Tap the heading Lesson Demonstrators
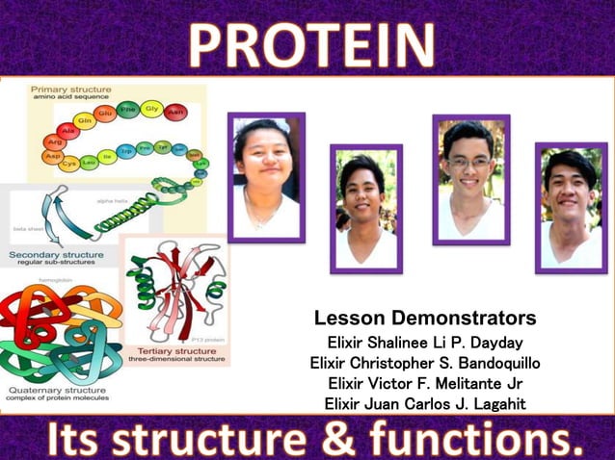tap(425, 319)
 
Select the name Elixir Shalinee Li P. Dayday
tap(425, 343)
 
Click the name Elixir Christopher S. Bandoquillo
tap(425, 363)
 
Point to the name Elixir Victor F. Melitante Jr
tap(425, 383)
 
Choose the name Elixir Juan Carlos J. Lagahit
tap(425, 403)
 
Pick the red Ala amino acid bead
tap(67, 131)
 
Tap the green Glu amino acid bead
tap(103, 114)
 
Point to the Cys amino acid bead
tap(68, 165)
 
